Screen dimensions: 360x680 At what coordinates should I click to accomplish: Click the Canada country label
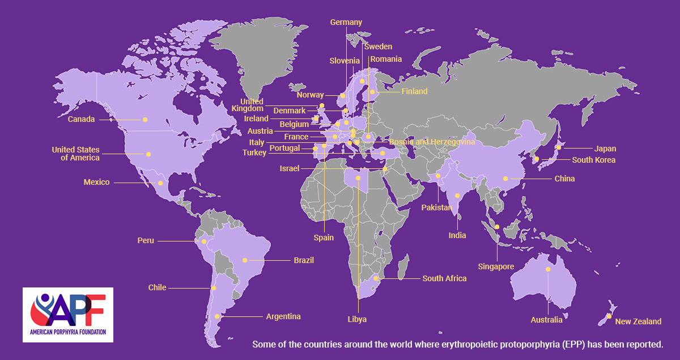click(81, 120)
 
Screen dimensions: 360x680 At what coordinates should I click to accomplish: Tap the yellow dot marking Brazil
click(245, 260)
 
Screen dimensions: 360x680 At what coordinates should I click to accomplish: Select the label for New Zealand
click(638, 321)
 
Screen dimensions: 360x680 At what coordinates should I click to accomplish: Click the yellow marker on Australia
click(548, 269)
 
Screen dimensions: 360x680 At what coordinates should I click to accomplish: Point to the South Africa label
click(444, 278)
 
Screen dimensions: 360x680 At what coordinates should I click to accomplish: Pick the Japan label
click(605, 149)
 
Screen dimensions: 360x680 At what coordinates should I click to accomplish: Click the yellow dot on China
click(505, 179)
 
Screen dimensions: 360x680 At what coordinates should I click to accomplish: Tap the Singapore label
click(496, 266)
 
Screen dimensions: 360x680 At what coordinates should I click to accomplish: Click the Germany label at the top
click(346, 22)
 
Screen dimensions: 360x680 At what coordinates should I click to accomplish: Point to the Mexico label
click(96, 183)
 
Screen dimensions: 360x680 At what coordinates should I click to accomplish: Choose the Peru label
click(146, 240)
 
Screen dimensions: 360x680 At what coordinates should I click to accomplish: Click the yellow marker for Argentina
click(216, 316)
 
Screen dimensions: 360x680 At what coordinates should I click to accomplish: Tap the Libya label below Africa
click(357, 319)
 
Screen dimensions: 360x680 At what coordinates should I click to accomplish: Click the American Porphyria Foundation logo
click(68, 314)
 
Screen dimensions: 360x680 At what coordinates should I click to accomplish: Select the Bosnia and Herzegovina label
click(432, 142)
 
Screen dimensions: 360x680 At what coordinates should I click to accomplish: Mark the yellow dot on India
click(457, 196)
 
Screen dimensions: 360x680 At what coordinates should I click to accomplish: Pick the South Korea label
click(593, 160)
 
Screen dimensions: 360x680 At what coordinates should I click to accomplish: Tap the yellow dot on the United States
click(149, 154)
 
